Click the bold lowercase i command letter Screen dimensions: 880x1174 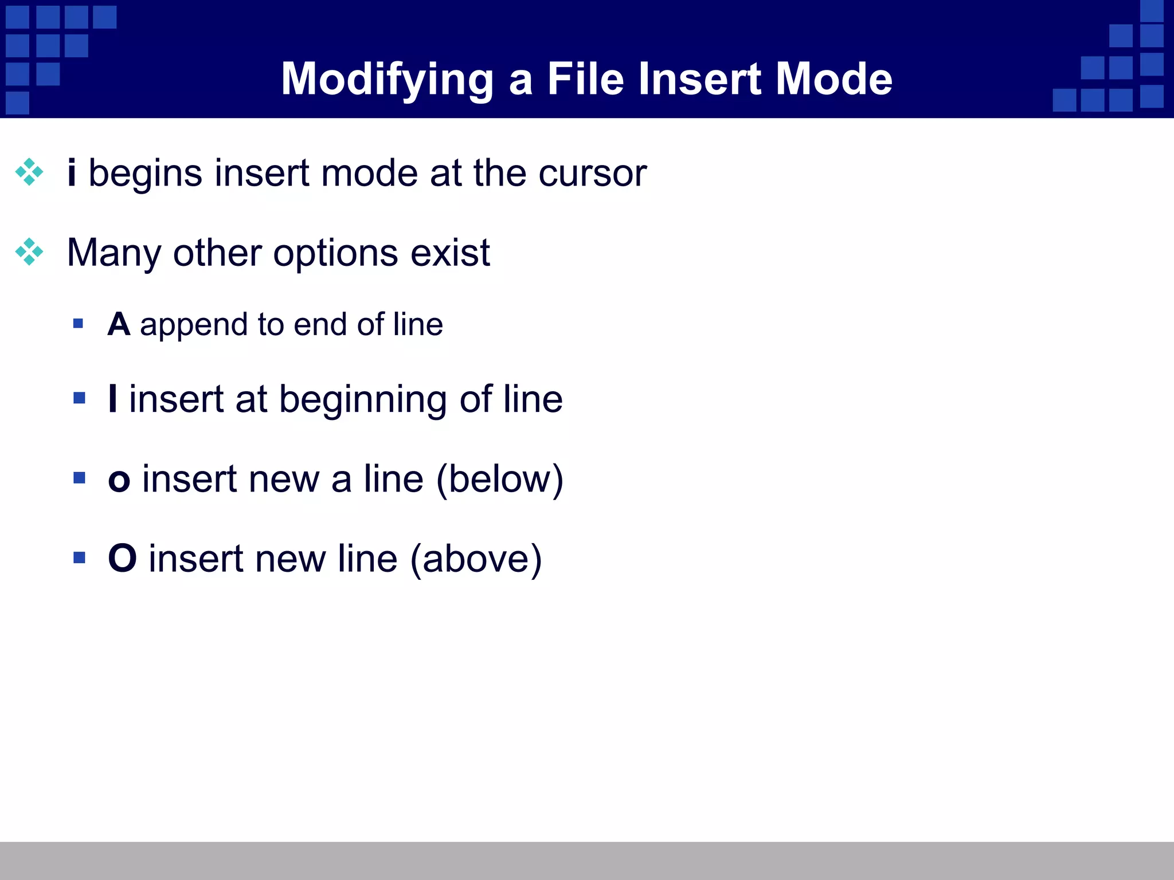pos(72,172)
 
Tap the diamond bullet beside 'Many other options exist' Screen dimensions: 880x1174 pos(29,252)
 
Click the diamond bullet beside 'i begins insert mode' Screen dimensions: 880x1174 pos(29,172)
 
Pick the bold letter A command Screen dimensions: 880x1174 pos(119,324)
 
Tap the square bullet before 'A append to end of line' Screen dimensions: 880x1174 pos(79,324)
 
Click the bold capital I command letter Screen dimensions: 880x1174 pos(113,399)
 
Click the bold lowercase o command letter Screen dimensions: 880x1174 pos(119,480)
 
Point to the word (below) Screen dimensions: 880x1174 pos(499,480)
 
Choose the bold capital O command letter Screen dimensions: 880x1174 pos(122,559)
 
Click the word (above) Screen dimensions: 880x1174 pos(476,559)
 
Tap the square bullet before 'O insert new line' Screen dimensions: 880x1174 pos(79,557)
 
